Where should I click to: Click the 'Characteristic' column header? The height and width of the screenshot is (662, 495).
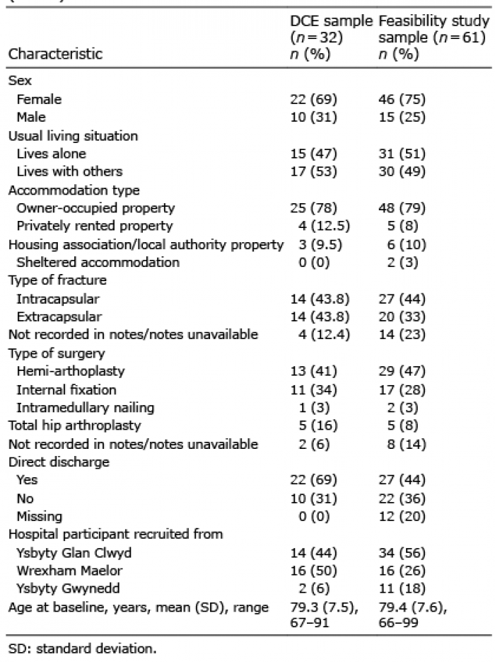click(55, 54)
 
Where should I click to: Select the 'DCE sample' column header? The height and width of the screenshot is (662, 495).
click(332, 21)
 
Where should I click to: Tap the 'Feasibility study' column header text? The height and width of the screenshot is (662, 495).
click(434, 21)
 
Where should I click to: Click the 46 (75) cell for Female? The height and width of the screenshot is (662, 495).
click(402, 99)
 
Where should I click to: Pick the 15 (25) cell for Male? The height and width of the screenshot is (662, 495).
click(402, 117)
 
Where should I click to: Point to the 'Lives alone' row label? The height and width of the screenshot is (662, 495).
click(51, 153)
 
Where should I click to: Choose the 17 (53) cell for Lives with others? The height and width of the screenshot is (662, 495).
click(313, 171)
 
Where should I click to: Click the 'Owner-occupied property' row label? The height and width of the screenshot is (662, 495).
click(95, 208)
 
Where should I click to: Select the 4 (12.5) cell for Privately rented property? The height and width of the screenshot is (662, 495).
click(324, 226)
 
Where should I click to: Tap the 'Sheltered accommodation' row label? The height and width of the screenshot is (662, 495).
click(98, 262)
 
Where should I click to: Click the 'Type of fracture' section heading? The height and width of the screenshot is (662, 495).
click(57, 280)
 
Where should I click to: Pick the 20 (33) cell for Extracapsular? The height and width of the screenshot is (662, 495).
click(402, 316)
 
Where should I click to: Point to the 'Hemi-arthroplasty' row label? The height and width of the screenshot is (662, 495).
click(71, 371)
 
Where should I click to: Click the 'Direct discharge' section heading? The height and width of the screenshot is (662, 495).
click(59, 462)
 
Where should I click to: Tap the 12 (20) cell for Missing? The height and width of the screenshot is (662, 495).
click(402, 516)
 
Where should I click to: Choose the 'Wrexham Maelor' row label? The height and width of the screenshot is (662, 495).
click(69, 571)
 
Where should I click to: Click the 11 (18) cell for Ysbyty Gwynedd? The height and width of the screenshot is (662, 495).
click(402, 588)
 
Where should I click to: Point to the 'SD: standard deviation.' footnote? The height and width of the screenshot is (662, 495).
click(82, 649)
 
